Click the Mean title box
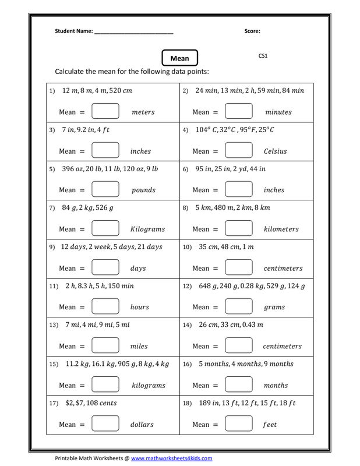point(180,58)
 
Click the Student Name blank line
point(133,31)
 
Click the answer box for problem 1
point(105,112)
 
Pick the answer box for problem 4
point(238,151)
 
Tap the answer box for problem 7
point(105,229)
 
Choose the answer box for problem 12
point(238,307)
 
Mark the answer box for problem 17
point(105,425)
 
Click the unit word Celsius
point(276,151)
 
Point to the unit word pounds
point(143,190)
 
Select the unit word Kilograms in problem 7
point(148,230)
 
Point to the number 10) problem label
point(187,247)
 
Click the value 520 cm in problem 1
point(121,91)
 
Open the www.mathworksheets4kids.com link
point(171,458)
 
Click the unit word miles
point(139,347)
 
